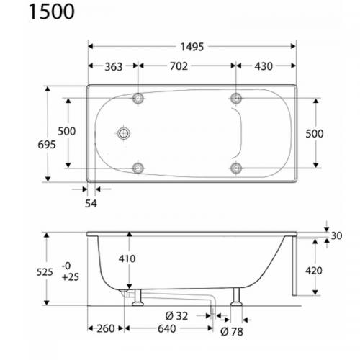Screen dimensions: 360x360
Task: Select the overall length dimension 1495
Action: pyautogui.click(x=192, y=47)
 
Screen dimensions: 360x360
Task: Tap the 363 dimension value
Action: pyautogui.click(x=114, y=66)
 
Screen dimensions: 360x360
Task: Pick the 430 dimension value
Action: pyautogui.click(x=264, y=66)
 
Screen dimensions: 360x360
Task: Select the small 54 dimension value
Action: pyautogui.click(x=90, y=203)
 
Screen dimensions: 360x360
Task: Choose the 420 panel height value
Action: pyautogui.click(x=314, y=271)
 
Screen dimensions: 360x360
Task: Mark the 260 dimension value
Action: pyautogui.click(x=105, y=329)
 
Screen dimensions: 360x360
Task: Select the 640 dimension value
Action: pyautogui.click(x=166, y=329)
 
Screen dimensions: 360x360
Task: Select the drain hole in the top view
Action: pyautogui.click(x=125, y=133)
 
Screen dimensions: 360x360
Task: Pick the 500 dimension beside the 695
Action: pyautogui.click(x=66, y=132)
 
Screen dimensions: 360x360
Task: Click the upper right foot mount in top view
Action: pyautogui.click(x=236, y=98)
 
